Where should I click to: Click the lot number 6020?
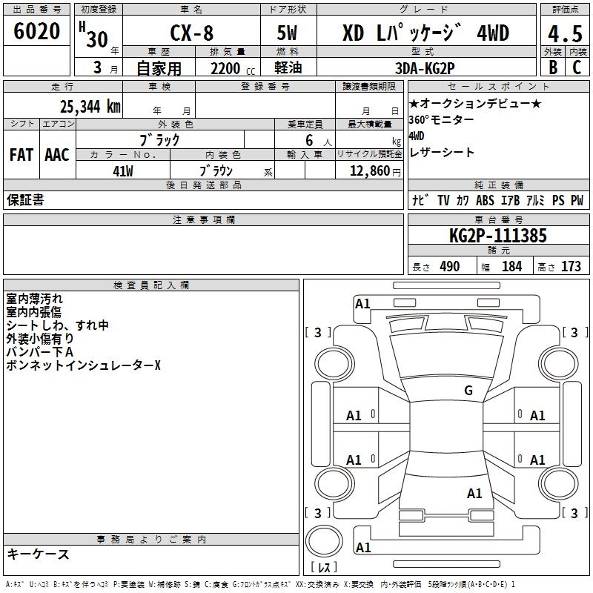coord(37,32)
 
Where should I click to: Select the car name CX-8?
coord(191,33)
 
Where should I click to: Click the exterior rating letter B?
coord(552,67)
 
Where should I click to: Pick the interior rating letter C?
coord(577,67)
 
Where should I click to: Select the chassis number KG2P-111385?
coord(498,236)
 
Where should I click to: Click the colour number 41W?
coord(123,170)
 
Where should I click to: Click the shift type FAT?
coord(21,155)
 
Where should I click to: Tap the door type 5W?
coord(287,33)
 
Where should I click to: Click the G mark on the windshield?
coord(468,390)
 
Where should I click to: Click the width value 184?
coord(511,267)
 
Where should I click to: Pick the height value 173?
coord(571,267)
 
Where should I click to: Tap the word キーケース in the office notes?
coord(38,554)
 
